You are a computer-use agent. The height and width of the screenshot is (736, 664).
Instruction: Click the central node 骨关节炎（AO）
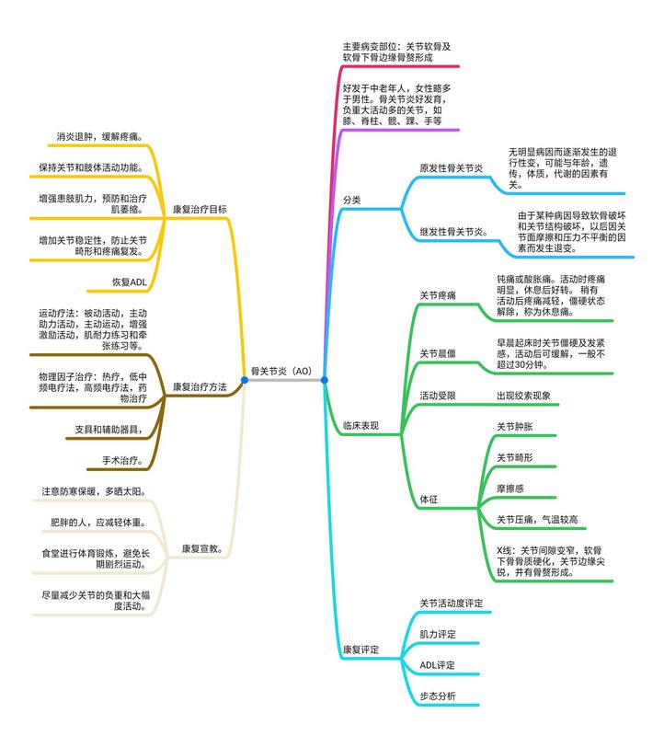pos(284,371)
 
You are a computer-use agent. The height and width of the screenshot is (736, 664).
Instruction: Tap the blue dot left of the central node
pos(245,379)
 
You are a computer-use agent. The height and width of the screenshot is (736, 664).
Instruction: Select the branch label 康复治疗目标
pos(200,209)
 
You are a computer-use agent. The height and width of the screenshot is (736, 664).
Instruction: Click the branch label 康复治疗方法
pos(200,386)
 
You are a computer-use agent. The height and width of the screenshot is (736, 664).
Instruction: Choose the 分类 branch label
pos(351,200)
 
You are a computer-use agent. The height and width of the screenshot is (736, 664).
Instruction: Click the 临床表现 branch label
pos(360,426)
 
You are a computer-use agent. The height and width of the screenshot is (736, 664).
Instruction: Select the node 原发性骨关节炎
pos(451,168)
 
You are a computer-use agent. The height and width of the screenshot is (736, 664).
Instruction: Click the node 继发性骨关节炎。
pos(453,231)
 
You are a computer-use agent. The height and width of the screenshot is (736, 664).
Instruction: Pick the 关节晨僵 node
pos(438,352)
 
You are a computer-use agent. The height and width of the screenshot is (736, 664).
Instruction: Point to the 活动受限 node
pos(438,396)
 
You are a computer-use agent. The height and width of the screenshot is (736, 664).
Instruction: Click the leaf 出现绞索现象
pos(530,396)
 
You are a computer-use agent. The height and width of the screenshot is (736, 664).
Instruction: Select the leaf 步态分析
pos(437,696)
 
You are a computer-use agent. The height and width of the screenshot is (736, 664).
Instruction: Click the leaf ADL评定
pos(437,664)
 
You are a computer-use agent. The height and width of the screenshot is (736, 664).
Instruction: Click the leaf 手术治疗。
pos(120,459)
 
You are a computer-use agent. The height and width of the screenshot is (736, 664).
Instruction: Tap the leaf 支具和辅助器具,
pos(109,429)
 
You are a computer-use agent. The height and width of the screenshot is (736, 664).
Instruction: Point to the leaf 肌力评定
pos(437,634)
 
